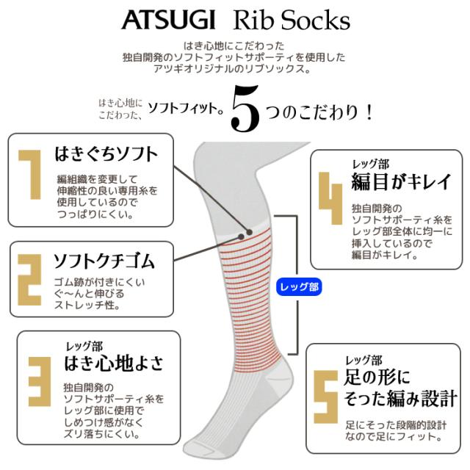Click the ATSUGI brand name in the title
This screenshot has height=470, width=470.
click(168, 20)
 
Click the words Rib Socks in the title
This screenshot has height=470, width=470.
click(292, 20)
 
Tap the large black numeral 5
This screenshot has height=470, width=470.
click(245, 109)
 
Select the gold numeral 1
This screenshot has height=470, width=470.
click(30, 175)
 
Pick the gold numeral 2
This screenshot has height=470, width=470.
click(29, 280)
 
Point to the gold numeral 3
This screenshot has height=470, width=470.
click(40, 381)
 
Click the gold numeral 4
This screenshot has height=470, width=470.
click(330, 198)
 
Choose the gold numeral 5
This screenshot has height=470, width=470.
click(326, 397)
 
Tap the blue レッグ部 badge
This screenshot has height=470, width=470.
click(299, 287)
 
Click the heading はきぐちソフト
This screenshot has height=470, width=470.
click(106, 154)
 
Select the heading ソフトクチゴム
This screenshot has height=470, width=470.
click(104, 261)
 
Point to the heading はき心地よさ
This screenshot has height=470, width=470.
click(114, 363)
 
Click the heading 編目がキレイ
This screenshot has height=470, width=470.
click(401, 181)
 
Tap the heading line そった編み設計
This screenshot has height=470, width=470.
click(401, 398)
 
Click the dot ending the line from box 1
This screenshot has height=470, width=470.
click(249, 232)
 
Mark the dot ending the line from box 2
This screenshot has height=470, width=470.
click(241, 236)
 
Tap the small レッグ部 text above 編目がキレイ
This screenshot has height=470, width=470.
click(370, 164)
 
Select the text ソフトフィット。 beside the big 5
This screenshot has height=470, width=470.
click(186, 108)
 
